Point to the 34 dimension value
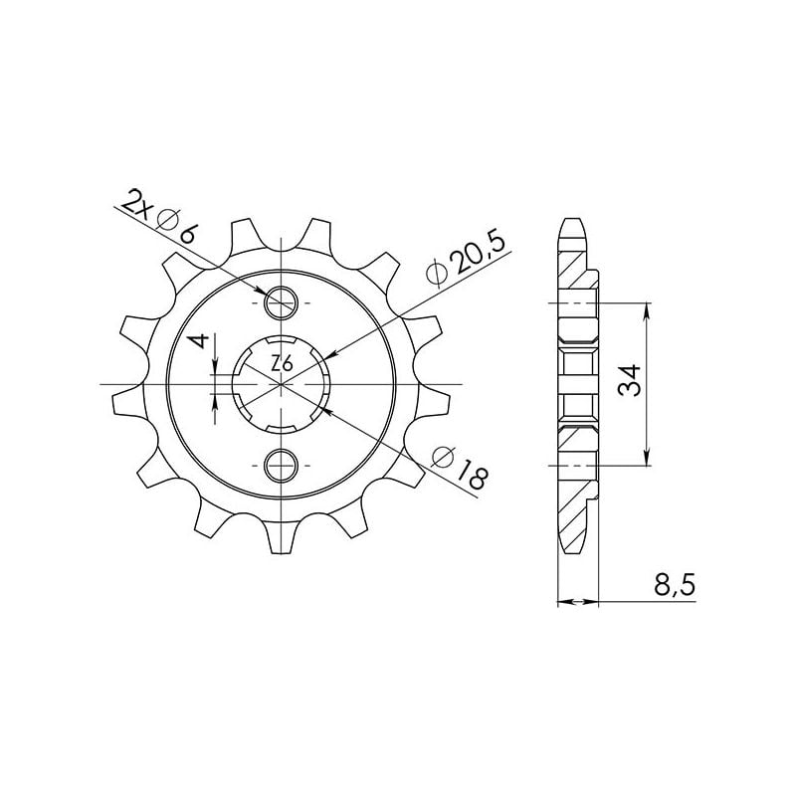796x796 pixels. click(x=630, y=383)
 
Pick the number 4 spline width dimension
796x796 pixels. click(x=202, y=342)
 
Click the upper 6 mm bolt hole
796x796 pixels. click(x=282, y=300)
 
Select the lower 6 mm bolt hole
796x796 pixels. click(x=282, y=464)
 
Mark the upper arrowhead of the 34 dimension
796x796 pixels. click(x=648, y=309)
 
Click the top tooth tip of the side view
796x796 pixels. click(x=571, y=222)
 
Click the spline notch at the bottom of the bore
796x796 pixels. click(x=282, y=426)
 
